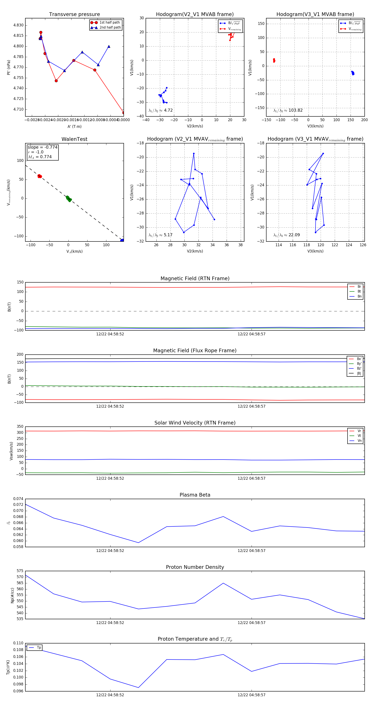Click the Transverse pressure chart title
pos(74,14)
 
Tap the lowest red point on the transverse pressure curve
pos(123,113)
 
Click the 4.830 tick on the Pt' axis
pos(18,25)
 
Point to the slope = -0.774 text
pos(42,147)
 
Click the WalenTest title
pos(74,139)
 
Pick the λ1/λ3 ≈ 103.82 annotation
pos(288,110)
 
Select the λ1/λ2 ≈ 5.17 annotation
pos(160,235)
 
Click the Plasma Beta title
pos(195,495)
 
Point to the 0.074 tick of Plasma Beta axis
pos(18,499)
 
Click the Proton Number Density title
pos(195,567)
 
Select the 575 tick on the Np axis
pos(20,571)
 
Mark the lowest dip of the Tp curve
pos(138,687)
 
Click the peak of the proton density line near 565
pos(223,583)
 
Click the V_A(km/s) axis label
pos(74,251)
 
